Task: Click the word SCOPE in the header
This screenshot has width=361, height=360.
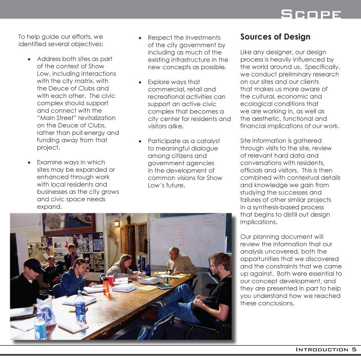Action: click(x=311, y=14)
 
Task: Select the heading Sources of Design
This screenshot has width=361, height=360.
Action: click(x=275, y=37)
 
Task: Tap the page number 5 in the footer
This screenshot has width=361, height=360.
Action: click(x=354, y=349)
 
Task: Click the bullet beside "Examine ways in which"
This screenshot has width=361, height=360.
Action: click(x=30, y=162)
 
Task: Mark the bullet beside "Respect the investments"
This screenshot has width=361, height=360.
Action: click(x=141, y=38)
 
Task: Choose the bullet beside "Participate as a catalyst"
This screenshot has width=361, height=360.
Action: click(x=141, y=141)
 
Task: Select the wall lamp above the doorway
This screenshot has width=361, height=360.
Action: click(x=117, y=223)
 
